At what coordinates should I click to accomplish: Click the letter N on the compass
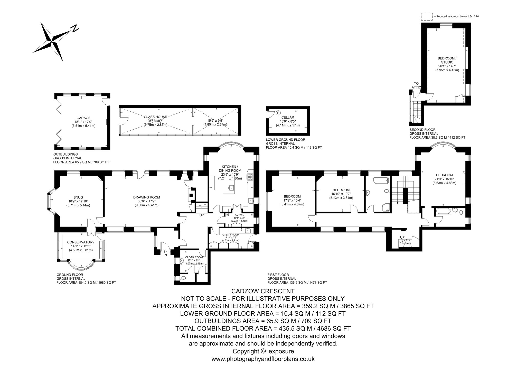coord(74,28)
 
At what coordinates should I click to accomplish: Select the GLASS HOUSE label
coord(155,117)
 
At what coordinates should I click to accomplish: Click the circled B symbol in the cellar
coord(278,113)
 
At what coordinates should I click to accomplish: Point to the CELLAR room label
coord(288,117)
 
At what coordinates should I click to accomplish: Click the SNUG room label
coord(80,197)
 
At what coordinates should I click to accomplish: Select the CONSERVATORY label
coord(81,242)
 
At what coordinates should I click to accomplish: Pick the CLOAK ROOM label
coord(194,257)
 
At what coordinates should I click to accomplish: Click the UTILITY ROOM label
coord(231,235)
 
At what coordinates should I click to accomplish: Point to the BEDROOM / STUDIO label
coord(447,60)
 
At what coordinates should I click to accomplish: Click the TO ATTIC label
coord(416,85)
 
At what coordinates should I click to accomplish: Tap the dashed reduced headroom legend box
coord(427,16)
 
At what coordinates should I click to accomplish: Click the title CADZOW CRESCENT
coord(263,291)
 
